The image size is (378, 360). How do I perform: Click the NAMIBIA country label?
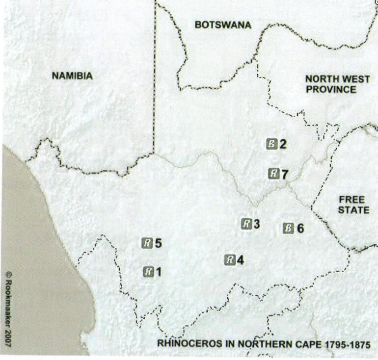(x=72, y=76)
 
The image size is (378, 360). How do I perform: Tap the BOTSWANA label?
(x=223, y=25)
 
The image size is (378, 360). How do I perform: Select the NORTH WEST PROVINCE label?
(x=330, y=84)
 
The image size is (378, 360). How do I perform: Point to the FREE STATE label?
(x=351, y=205)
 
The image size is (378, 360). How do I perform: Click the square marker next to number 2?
(x=272, y=144)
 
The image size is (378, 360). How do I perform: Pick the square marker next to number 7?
(x=274, y=173)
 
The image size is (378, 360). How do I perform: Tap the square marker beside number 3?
(x=246, y=224)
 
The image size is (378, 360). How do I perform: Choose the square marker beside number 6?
(x=289, y=228)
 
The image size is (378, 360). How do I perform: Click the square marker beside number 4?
(x=230, y=260)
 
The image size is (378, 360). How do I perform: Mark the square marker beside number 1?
(x=148, y=271)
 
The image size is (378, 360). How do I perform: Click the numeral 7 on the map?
(x=285, y=173)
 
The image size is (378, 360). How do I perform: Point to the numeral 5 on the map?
(x=158, y=242)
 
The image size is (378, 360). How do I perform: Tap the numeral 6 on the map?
(x=300, y=228)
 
